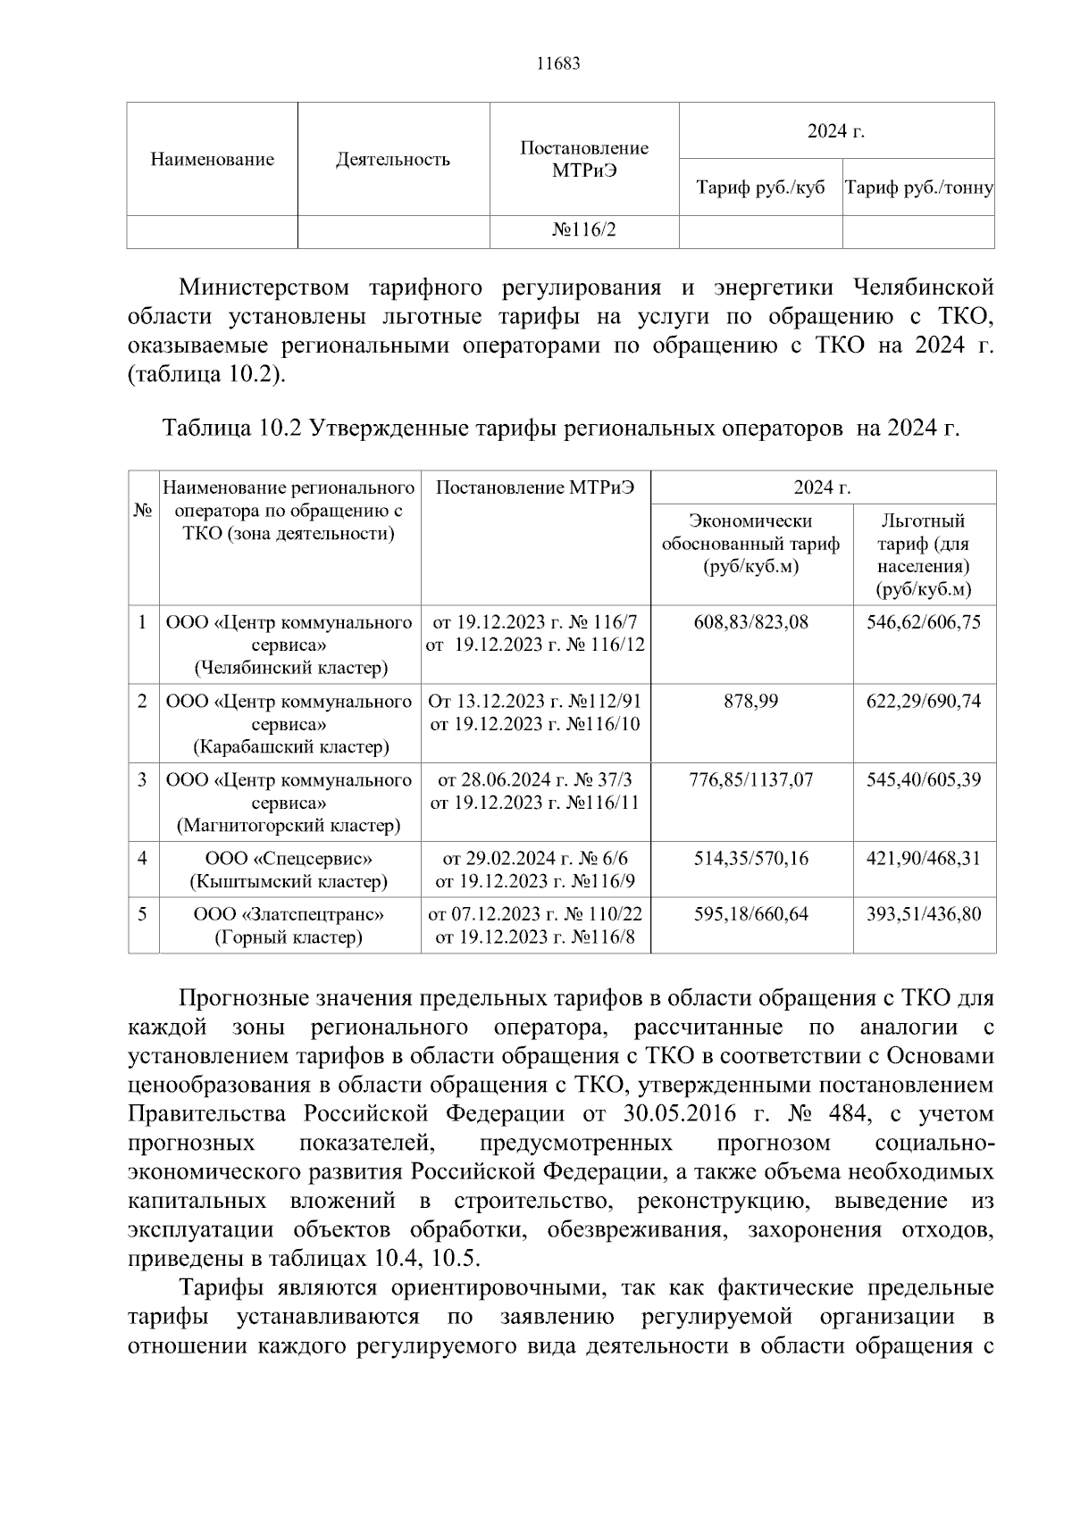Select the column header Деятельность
tap(392, 160)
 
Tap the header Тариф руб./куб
tap(760, 188)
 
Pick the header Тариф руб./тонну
tap(918, 188)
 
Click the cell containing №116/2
tap(583, 230)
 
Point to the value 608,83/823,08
tap(750, 622)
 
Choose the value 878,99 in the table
tap(750, 702)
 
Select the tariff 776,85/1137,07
tap(750, 780)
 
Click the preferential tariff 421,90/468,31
tap(923, 859)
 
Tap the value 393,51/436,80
tap(923, 914)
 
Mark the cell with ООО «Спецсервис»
tap(289, 859)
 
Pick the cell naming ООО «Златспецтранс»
tap(289, 914)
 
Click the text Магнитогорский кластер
tap(289, 826)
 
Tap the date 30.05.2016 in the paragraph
tap(675, 1114)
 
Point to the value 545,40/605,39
tap(923, 780)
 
